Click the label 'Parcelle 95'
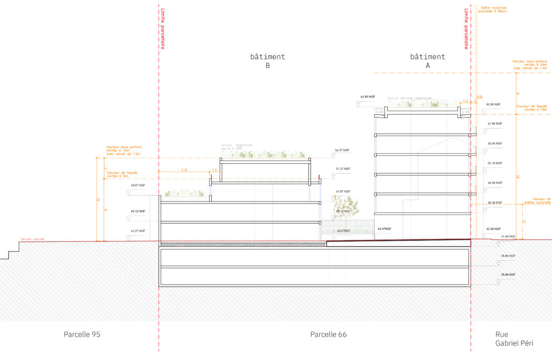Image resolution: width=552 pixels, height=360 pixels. (x=82, y=335)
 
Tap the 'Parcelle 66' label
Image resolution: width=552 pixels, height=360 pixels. (x=328, y=335)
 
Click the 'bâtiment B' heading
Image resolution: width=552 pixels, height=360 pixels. (x=267, y=61)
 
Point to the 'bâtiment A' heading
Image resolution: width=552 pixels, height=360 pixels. (x=427, y=61)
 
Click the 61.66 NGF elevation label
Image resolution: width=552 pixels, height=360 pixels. (x=369, y=97)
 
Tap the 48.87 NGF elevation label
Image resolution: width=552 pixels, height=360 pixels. (x=138, y=185)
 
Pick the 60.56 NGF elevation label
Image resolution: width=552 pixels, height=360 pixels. (x=494, y=104)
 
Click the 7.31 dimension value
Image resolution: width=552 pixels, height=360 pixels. (x=184, y=170)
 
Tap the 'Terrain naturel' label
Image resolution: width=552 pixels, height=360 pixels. (x=32, y=239)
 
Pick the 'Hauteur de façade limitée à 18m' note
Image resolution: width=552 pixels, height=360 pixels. (x=532, y=108)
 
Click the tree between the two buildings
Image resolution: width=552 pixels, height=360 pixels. (x=345, y=207)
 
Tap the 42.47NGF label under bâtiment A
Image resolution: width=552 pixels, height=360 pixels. (x=384, y=229)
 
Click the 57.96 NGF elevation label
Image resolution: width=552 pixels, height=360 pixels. (x=494, y=124)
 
